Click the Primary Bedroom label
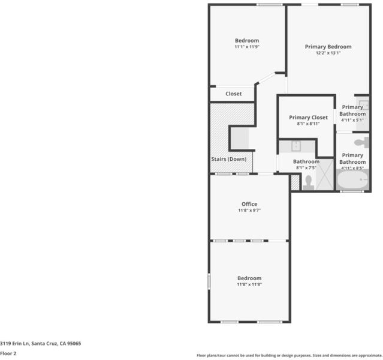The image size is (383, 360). [x=328, y=47]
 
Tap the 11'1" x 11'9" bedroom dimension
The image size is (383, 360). [x=247, y=47]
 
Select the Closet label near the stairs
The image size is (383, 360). [x=234, y=94]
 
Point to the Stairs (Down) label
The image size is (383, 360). [x=228, y=159]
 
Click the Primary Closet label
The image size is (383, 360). [x=308, y=118]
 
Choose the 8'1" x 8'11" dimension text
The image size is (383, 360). [x=308, y=124]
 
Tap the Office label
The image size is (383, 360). [x=249, y=204]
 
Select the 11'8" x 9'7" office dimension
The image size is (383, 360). [x=249, y=211]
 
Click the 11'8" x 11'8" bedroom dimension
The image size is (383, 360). [x=249, y=284]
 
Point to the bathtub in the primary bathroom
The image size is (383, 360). [x=352, y=180]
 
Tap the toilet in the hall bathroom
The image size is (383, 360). [x=308, y=182]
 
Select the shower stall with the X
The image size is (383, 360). [x=324, y=175]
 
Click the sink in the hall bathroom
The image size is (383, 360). [x=296, y=146]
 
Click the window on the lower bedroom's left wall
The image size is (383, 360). [x=209, y=281]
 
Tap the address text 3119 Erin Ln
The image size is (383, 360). [x=14, y=343]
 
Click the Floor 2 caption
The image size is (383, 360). [x=8, y=353]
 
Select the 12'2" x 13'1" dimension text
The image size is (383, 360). [x=328, y=53]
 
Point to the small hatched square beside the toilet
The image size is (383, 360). [x=295, y=182]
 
